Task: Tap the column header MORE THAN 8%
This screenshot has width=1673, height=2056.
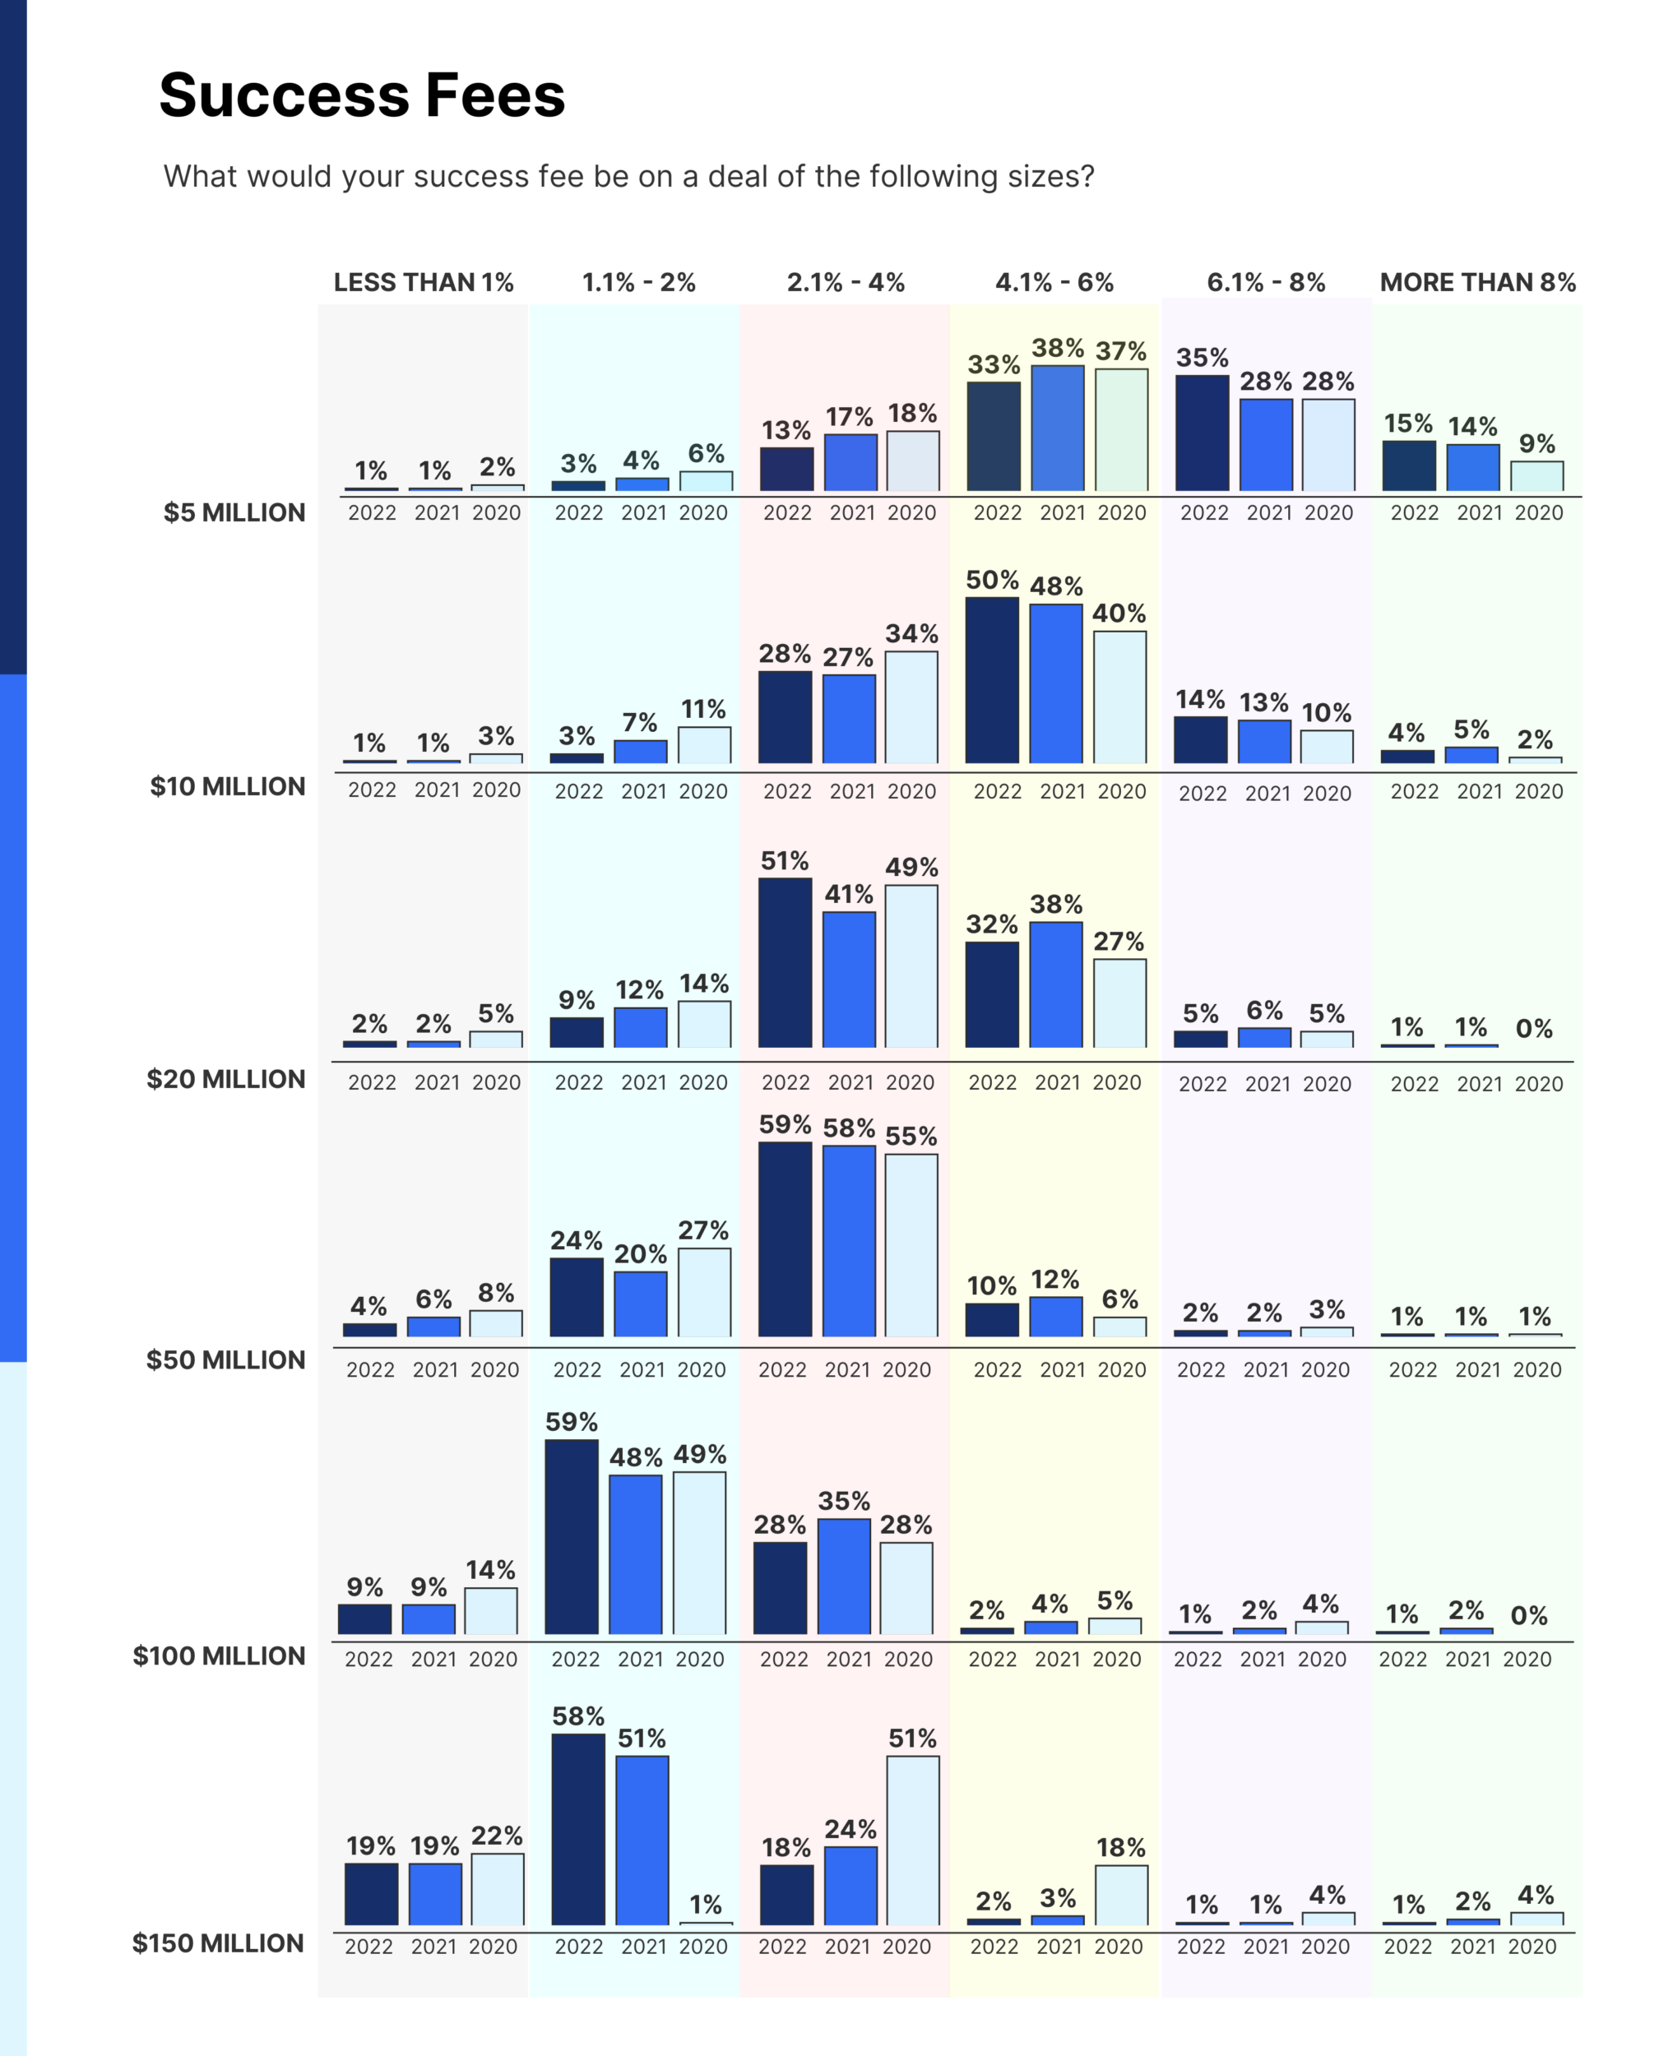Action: point(1477,282)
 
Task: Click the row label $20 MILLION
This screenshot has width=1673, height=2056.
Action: point(225,1079)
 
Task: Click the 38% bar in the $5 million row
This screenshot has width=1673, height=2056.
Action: point(1057,428)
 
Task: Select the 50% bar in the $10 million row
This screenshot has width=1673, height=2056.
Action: point(992,680)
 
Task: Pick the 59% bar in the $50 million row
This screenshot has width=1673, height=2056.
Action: point(785,1239)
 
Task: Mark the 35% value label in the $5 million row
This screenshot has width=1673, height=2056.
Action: point(1202,359)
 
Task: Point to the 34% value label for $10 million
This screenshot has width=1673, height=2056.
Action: point(911,634)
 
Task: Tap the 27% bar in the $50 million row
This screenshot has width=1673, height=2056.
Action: point(703,1292)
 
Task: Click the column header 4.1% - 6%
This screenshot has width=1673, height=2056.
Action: point(1054,282)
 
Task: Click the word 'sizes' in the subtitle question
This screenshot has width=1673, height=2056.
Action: point(1046,176)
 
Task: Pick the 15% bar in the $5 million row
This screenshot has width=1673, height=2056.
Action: point(1408,466)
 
